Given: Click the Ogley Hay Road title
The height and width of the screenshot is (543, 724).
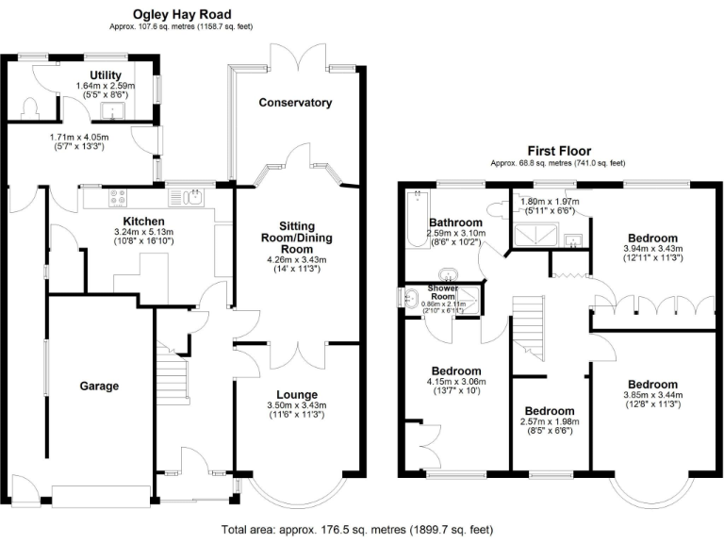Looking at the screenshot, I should (x=180, y=14).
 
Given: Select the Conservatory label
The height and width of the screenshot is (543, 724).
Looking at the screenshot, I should (x=296, y=102).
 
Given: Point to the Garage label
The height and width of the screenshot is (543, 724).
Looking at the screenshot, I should (x=99, y=386).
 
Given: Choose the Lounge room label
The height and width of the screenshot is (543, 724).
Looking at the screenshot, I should (x=296, y=394).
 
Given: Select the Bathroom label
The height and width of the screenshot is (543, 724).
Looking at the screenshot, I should (x=455, y=222).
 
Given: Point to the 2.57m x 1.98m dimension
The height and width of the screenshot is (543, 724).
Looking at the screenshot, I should (x=550, y=422).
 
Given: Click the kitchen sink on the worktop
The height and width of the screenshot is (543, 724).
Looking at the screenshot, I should (x=189, y=198).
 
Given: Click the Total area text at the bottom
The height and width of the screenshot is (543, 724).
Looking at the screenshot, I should (x=354, y=530).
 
